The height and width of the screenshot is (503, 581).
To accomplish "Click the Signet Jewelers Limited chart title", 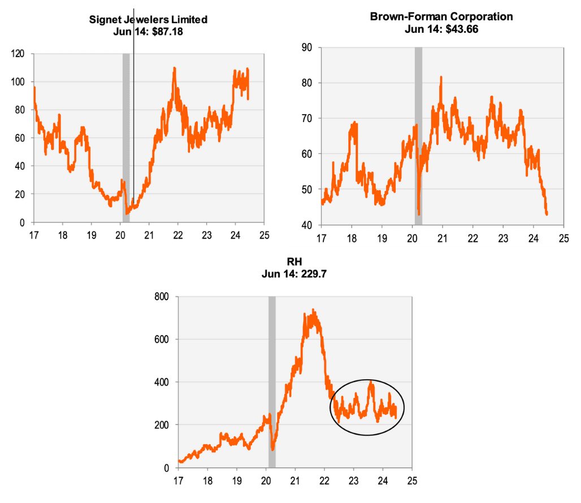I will [x=149, y=20].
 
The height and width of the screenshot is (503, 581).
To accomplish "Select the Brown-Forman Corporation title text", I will [x=441, y=16].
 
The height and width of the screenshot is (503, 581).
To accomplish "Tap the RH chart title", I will [x=294, y=262].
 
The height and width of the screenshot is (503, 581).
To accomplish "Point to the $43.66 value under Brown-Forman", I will [x=461, y=29].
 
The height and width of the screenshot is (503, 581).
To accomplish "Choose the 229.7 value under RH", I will [x=313, y=275].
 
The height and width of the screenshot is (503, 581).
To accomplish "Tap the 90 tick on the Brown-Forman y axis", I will [x=307, y=47].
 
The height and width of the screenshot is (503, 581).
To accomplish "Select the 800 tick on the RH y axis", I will [x=164, y=297].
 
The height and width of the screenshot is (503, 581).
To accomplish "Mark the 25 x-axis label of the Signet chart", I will [x=264, y=236].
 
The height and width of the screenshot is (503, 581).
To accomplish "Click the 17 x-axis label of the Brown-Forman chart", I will [x=321, y=238].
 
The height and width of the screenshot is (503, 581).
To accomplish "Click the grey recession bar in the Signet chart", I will [x=126, y=136].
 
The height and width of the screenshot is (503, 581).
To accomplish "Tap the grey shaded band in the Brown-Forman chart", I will [x=418, y=136].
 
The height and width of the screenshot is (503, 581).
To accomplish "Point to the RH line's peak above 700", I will [x=313, y=310].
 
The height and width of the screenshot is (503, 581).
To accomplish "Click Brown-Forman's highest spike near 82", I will [x=441, y=77].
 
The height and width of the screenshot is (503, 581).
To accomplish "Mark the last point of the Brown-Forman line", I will [x=547, y=214].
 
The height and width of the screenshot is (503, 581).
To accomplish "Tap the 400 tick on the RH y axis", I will [x=164, y=382].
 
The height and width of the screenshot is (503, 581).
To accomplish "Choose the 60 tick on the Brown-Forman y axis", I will [x=307, y=154].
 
